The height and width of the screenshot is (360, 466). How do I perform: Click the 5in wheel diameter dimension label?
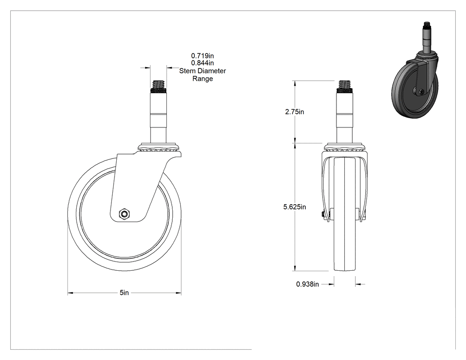coord(124,293)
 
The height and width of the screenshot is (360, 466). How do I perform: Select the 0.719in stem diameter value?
coord(202,55)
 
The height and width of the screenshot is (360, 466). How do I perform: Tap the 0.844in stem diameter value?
coord(202,63)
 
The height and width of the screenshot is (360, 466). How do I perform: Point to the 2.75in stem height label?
coord(295,112)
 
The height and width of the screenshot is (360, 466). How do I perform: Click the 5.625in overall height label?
coord(295,206)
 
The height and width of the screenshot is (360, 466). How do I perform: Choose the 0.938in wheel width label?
coord(307,284)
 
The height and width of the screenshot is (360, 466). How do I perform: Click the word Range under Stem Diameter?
coord(203,79)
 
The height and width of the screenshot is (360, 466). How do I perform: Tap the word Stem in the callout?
coord(187,71)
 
